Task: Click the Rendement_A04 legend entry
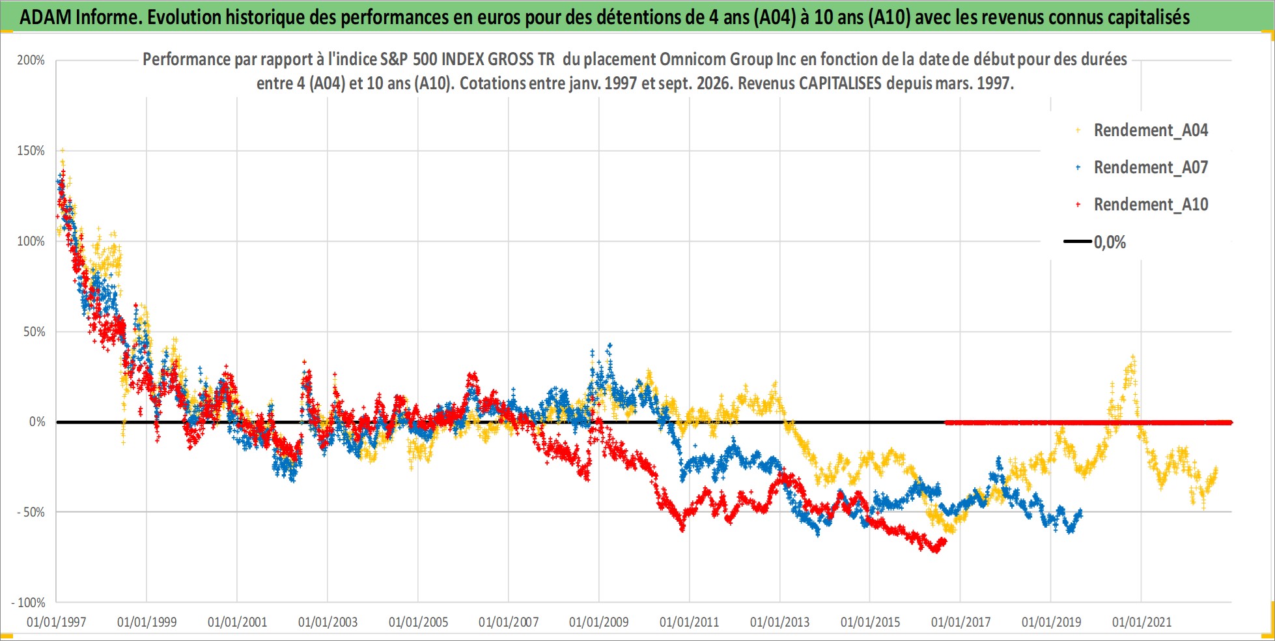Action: pos(1143,130)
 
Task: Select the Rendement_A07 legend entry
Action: pos(1143,167)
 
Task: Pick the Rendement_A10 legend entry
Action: pos(1143,205)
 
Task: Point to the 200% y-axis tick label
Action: pos(31,61)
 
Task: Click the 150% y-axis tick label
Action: pos(31,151)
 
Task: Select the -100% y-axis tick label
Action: pos(28,603)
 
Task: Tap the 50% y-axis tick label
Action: pos(34,332)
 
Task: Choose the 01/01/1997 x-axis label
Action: pos(57,622)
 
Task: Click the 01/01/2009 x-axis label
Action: pos(599,622)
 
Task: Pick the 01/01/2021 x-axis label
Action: pos(1142,622)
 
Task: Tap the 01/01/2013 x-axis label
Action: pos(779,622)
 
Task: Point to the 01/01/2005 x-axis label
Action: pos(418,622)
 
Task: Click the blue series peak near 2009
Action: pos(609,345)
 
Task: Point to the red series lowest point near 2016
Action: pos(936,550)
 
